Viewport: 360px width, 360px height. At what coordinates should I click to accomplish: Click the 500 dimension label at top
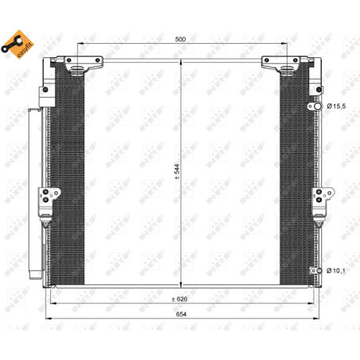pyautogui.click(x=180, y=39)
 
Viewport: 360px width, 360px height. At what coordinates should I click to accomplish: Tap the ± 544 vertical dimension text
pyautogui.click(x=177, y=171)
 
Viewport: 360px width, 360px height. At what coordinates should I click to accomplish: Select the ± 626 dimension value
pyautogui.click(x=179, y=299)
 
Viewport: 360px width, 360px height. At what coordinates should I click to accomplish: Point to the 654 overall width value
pyautogui.click(x=181, y=314)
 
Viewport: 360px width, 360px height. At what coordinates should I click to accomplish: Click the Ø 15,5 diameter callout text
pyautogui.click(x=336, y=106)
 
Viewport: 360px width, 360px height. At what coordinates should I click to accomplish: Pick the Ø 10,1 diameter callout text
pyautogui.click(x=335, y=271)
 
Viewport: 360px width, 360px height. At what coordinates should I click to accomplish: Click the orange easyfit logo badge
pyautogui.click(x=18, y=44)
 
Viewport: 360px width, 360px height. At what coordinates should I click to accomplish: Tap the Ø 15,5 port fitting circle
pyautogui.click(x=318, y=107)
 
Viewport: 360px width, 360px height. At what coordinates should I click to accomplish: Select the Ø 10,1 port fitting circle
pyautogui.click(x=319, y=271)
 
